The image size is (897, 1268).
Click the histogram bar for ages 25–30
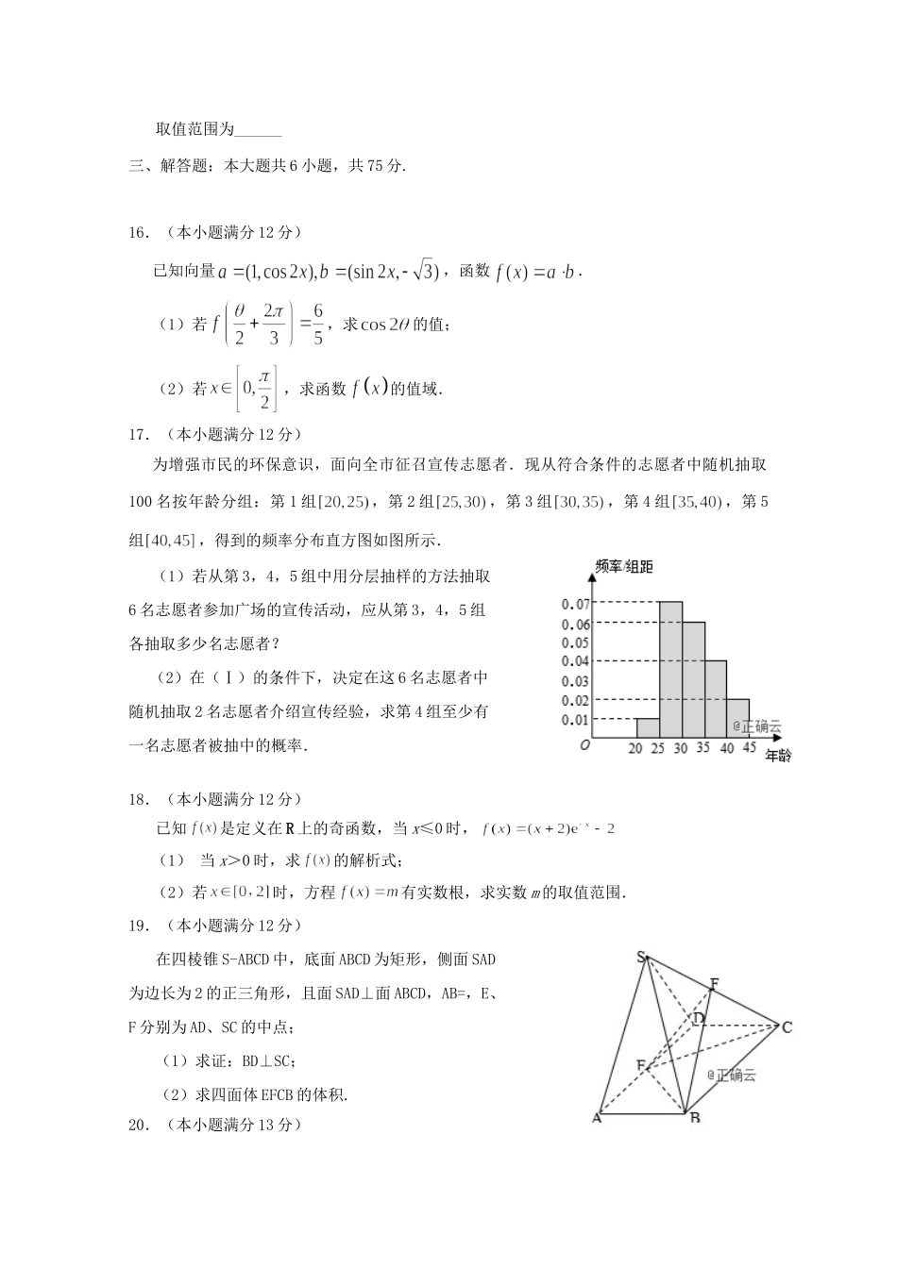click(x=671, y=670)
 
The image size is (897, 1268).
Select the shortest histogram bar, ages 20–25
click(x=648, y=727)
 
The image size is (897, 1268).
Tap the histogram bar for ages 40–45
click(x=738, y=718)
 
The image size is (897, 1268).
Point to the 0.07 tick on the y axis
click(x=575, y=604)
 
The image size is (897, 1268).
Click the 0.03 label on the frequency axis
click(x=575, y=681)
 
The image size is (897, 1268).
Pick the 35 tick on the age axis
click(x=703, y=748)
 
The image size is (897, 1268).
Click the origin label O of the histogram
click(x=585, y=745)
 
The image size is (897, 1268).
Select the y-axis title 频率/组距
click(x=624, y=566)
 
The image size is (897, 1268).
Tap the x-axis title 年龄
click(x=778, y=756)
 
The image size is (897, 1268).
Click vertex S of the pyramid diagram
click(x=641, y=958)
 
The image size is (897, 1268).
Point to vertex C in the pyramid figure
click(x=787, y=1026)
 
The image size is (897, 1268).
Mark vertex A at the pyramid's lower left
click(x=597, y=1118)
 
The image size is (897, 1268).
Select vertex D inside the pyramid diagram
click(x=699, y=1018)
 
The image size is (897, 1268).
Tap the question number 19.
click(x=139, y=926)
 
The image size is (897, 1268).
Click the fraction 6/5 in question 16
click(x=318, y=324)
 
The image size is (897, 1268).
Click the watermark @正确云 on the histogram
click(x=757, y=726)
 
